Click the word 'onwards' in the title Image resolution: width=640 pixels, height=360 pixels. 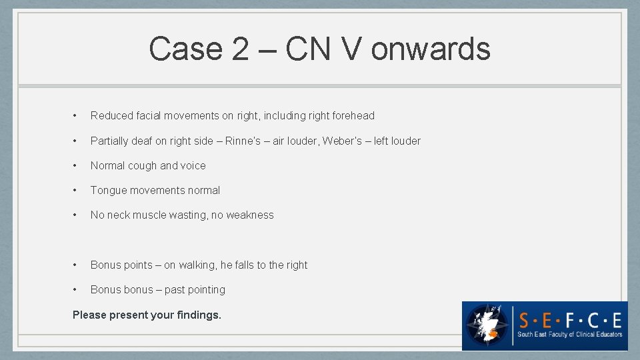[431, 49]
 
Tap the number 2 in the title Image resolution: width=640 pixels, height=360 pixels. [238, 49]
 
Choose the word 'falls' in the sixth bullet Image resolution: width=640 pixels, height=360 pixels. [245, 265]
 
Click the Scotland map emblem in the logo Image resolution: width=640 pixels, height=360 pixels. [487, 326]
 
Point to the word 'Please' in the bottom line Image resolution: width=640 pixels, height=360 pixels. [89, 315]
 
